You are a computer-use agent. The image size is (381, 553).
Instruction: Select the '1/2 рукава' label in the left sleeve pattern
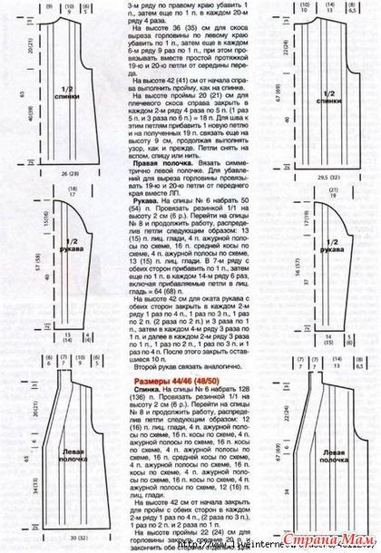coord(63,245)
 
